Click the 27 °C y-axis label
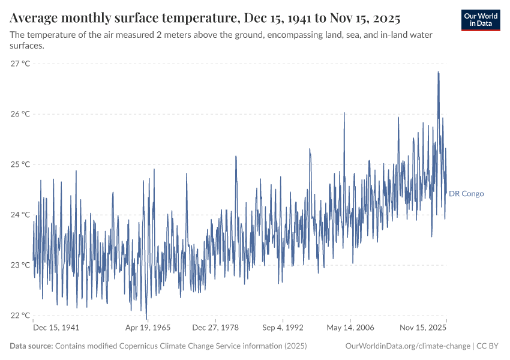tap(20, 64)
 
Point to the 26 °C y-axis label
tap(20, 114)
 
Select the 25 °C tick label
tap(20, 164)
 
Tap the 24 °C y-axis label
tap(20, 215)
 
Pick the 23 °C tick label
tap(20, 265)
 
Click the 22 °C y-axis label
tap(20, 316)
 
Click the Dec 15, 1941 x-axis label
tap(56, 328)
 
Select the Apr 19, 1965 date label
tap(148, 328)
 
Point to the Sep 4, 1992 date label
tap(282, 328)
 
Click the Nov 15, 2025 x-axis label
tap(423, 328)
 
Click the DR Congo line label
tap(466, 194)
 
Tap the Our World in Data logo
tap(481, 20)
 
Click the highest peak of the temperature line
tap(438, 72)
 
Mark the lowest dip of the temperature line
tap(146, 319)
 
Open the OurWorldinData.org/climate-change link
tap(408, 346)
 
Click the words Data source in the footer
tap(31, 346)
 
